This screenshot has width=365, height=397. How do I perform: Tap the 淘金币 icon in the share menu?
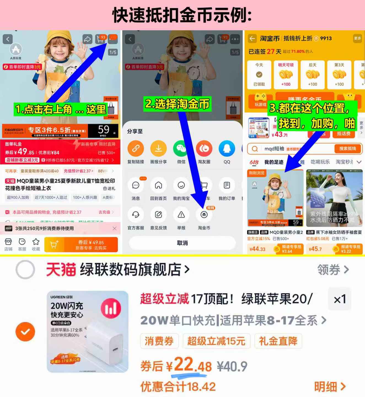pyautogui.click(x=204, y=215)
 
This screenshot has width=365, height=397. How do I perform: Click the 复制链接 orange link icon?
pyautogui.click(x=136, y=148)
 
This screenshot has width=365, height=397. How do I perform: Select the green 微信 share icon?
pyautogui.click(x=181, y=148)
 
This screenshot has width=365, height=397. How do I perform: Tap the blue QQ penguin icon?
pyautogui.click(x=227, y=148)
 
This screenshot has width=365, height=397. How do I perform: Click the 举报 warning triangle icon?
pyautogui.click(x=181, y=215)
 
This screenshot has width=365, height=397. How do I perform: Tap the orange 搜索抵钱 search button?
pyautogui.click(x=347, y=149)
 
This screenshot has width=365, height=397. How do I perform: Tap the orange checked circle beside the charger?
pyautogui.click(x=25, y=331)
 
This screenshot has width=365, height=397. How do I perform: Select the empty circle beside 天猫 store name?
pyautogui.click(x=25, y=269)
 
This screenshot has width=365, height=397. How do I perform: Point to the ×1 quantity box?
pyautogui.click(x=339, y=299)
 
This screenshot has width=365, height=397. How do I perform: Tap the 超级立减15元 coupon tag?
pyautogui.click(x=216, y=341)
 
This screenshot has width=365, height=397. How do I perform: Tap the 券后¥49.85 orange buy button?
pyautogui.click(x=91, y=245)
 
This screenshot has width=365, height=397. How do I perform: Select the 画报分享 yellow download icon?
pyautogui.click(x=159, y=148)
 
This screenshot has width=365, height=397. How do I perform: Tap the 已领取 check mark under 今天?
pyautogui.click(x=259, y=75)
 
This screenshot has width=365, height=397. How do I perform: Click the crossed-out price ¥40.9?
pyautogui.click(x=232, y=367)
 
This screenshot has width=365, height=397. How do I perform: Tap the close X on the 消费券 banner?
pyautogui.click(x=114, y=228)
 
